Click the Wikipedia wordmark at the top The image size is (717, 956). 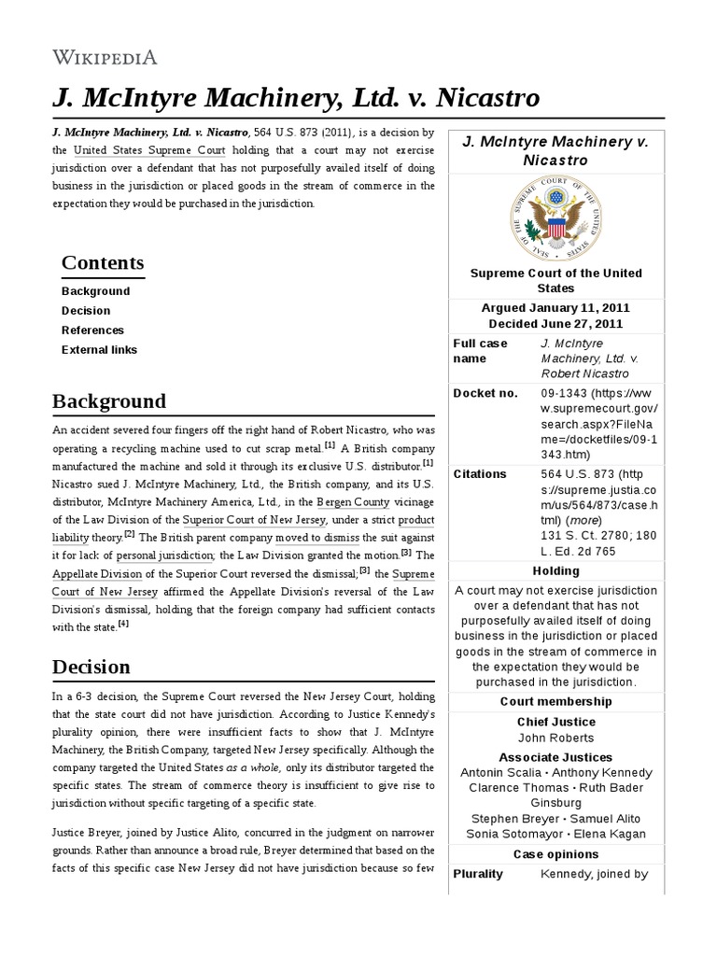pyautogui.click(x=105, y=58)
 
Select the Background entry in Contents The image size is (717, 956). pyautogui.click(x=95, y=291)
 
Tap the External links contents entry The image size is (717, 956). pyautogui.click(x=99, y=350)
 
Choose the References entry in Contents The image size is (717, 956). pyautogui.click(x=92, y=330)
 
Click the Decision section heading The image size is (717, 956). pyautogui.click(x=91, y=667)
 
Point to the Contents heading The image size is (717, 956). pyautogui.click(x=103, y=262)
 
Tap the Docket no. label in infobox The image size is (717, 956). pyautogui.click(x=485, y=393)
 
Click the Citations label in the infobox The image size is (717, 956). pyautogui.click(x=480, y=473)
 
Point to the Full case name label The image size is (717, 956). pyautogui.click(x=482, y=351)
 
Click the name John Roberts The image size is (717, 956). pyautogui.click(x=555, y=738)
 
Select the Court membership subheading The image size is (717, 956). pyautogui.click(x=555, y=701)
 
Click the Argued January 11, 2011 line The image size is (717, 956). pyautogui.click(x=555, y=307)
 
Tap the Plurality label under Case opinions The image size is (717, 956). pyautogui.click(x=478, y=874)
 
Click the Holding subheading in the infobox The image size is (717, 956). pyautogui.click(x=555, y=570)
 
